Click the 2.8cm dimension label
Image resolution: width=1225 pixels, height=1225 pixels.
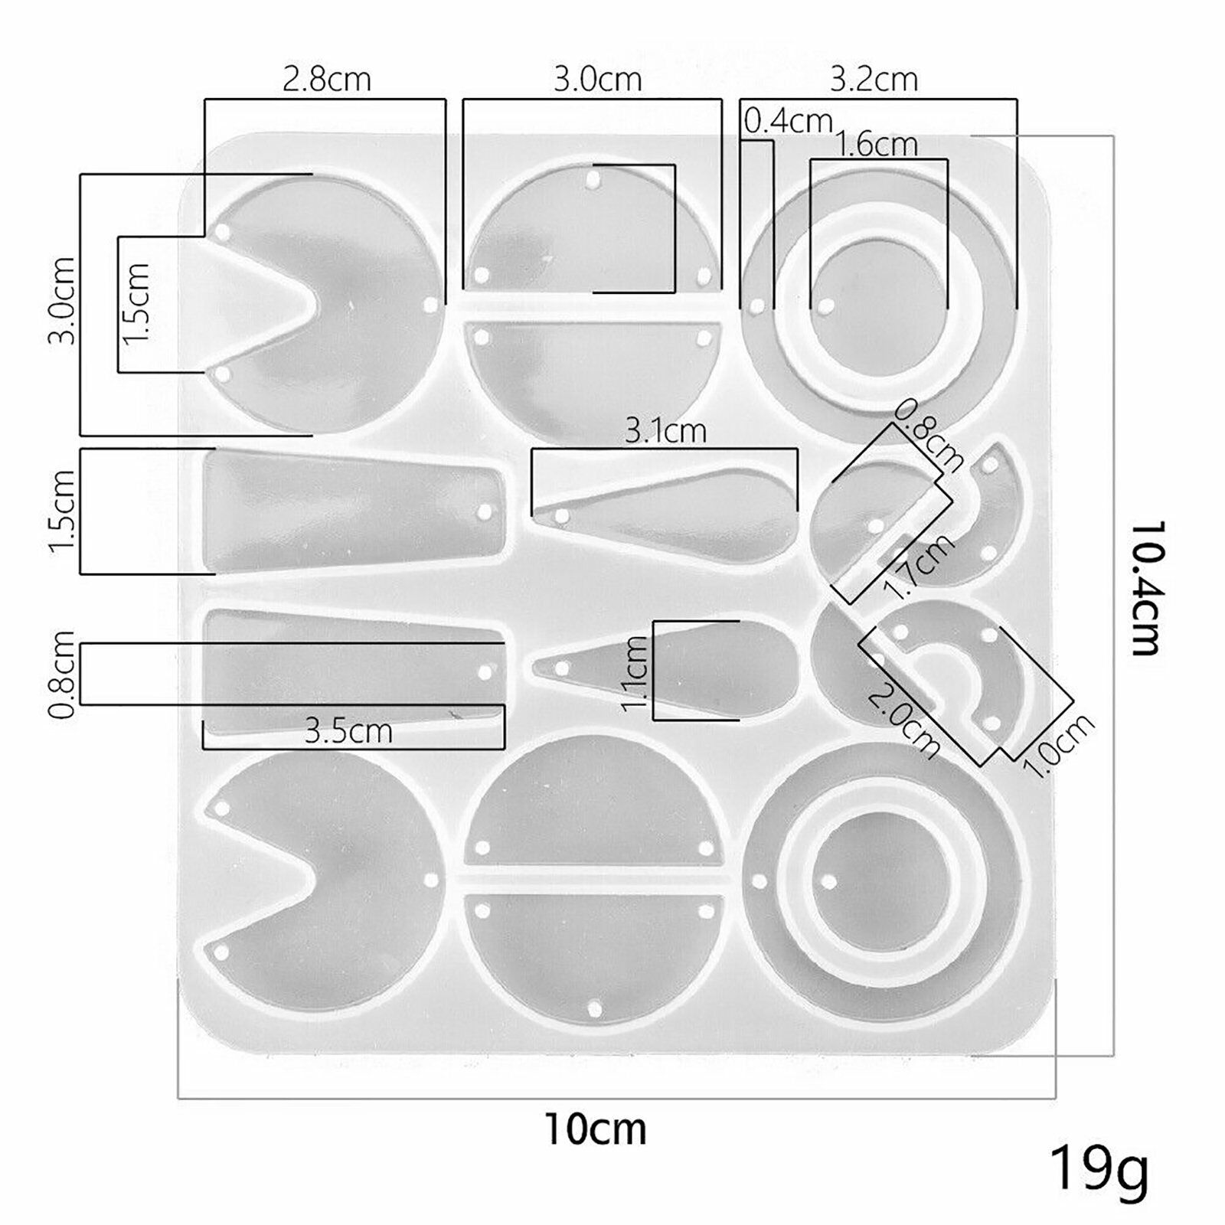click(x=327, y=79)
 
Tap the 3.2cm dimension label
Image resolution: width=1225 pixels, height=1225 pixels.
click(x=874, y=79)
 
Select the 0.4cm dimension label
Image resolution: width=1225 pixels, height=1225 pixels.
click(x=789, y=121)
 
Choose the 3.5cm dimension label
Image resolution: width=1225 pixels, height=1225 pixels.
click(x=348, y=731)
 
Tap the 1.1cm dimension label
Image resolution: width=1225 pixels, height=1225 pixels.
click(x=635, y=675)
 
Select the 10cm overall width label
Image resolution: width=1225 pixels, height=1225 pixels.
click(x=596, y=1129)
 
